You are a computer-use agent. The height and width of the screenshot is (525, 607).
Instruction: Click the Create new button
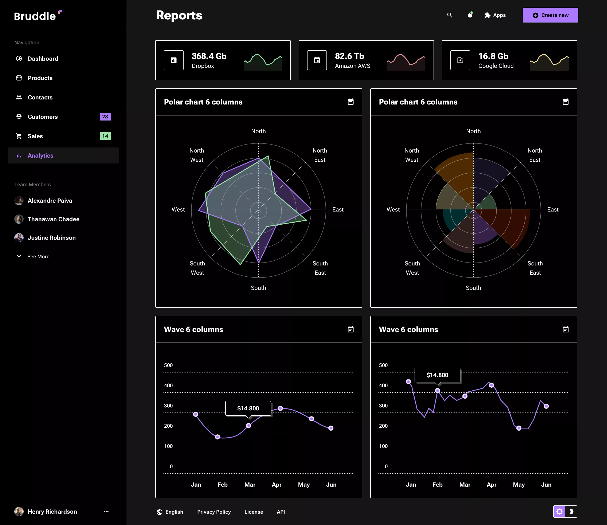coord(550,15)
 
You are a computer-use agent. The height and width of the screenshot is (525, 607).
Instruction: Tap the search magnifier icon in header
coord(449,15)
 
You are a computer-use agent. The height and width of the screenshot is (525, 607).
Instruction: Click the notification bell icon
coord(470,15)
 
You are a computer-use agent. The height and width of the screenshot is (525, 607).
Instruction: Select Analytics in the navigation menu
coord(40,155)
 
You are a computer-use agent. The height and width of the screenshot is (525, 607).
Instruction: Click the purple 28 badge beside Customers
coord(105,117)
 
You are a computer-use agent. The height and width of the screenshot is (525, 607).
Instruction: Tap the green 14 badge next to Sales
coord(105,136)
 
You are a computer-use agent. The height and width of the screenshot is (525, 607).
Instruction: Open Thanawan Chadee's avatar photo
coord(19,219)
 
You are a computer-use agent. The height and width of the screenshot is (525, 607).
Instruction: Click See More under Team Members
coord(38,256)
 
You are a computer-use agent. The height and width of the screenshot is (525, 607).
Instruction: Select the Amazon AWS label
coord(352,66)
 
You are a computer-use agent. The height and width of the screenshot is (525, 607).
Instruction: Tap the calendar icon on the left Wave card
coord(351,329)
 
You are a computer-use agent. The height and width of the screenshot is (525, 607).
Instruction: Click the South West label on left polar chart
coord(197,268)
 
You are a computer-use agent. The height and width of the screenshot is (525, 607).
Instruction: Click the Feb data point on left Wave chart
coord(218,437)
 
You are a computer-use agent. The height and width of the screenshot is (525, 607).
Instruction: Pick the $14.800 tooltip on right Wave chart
coord(437,375)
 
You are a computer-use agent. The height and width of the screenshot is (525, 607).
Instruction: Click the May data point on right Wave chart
coord(519,428)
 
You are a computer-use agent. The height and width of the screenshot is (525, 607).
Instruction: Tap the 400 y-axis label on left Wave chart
coord(168,386)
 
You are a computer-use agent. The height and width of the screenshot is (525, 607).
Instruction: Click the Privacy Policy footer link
coord(214,512)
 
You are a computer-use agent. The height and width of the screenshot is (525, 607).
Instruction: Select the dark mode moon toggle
coord(571,512)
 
